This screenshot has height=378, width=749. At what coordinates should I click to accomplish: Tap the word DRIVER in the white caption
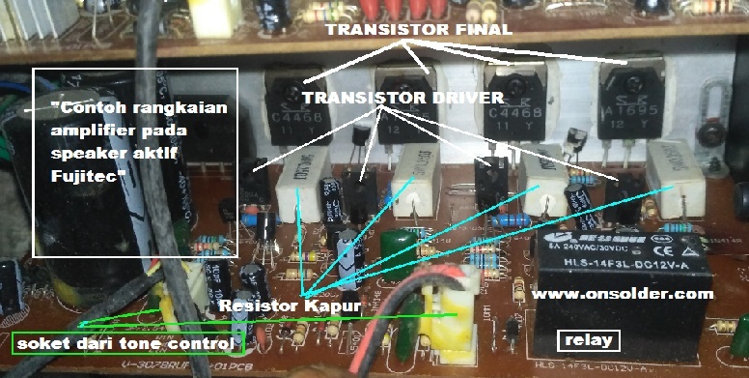pos(465,98)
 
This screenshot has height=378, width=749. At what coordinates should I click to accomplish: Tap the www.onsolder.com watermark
pos(624,294)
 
